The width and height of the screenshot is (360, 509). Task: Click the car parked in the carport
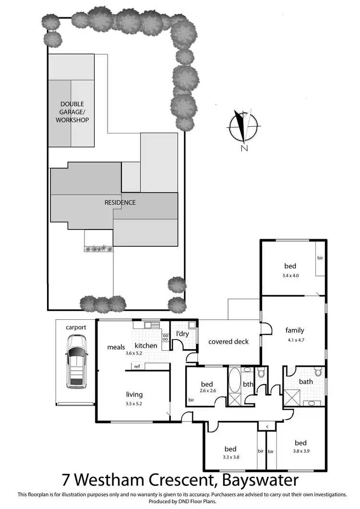pos(76,361)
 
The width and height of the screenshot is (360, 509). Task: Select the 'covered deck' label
pos(228,342)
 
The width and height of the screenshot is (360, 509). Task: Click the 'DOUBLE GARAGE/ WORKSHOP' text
pos(72,112)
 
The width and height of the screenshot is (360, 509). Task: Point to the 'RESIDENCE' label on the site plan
pos(120,203)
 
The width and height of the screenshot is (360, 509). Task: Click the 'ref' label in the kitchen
pos(137,367)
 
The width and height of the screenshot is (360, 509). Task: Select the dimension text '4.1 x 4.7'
pos(295,340)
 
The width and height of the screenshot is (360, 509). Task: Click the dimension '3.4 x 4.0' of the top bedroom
pos(290,276)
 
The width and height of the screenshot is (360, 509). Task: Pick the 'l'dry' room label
pos(181,333)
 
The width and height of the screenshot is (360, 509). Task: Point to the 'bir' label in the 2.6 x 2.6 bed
pos(192,400)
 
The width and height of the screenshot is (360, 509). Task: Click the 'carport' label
pos(76,327)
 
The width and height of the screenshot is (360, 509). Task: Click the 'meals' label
pos(116,346)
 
